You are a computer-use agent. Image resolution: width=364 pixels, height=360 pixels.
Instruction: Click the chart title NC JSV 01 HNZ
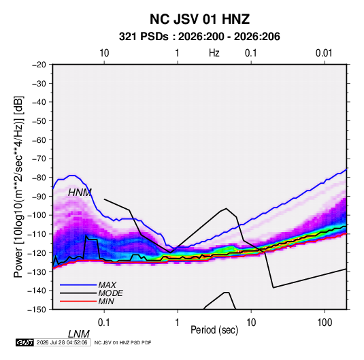coord(199,19)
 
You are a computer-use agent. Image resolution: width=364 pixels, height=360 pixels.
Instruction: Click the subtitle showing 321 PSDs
coord(199,37)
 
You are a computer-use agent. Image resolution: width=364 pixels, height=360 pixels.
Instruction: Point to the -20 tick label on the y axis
coord(39,65)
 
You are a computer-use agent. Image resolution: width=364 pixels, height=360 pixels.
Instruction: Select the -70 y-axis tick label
coord(39,159)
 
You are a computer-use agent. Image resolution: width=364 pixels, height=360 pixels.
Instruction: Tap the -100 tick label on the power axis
coord(37,215)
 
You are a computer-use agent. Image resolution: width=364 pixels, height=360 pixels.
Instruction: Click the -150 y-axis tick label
coord(37,310)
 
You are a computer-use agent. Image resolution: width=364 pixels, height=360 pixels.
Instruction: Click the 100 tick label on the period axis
coord(325,323)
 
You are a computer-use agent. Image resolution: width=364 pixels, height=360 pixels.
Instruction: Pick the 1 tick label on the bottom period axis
coord(178,323)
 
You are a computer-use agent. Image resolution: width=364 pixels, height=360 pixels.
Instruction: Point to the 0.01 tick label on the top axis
coord(324,53)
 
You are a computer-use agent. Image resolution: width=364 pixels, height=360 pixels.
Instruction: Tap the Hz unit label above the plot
coord(214,53)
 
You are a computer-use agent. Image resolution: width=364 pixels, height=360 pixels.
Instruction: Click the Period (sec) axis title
coord(214,330)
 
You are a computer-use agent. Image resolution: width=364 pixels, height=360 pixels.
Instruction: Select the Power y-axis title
coord(18,186)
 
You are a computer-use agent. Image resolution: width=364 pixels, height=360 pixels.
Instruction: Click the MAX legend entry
coord(107,285)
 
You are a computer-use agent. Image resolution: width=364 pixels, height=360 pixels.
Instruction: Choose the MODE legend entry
coord(110,293)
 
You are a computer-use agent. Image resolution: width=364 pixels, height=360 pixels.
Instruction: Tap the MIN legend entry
coord(106,301)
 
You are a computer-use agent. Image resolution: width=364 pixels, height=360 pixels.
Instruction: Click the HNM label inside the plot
coord(80,193)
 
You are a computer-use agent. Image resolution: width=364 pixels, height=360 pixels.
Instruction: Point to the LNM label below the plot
coord(79,334)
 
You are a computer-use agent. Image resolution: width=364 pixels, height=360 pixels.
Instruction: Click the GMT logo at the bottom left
coord(25,342)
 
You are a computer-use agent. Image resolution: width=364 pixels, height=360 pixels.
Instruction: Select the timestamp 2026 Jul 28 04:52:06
coord(62,342)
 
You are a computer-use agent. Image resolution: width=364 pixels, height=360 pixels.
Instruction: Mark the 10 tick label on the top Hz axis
coord(104,53)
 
